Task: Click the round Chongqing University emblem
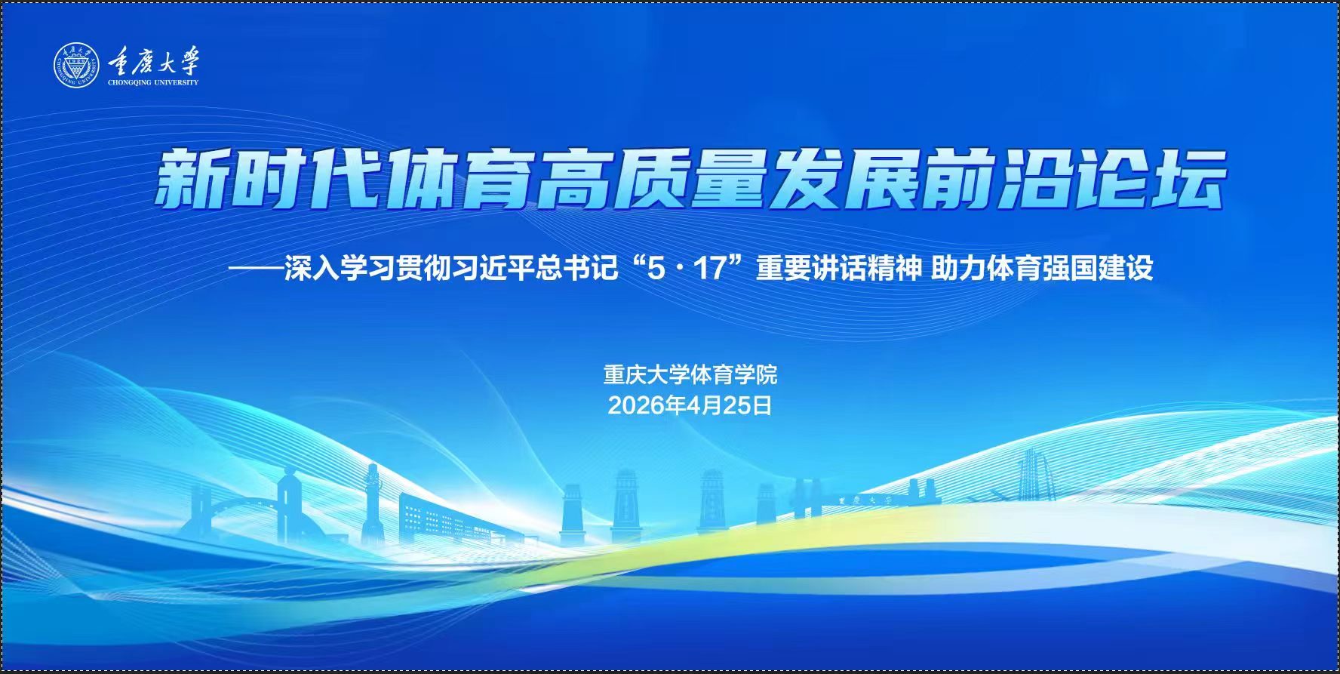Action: coord(76,65)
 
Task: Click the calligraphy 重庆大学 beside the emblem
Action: coord(153,60)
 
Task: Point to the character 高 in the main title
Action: coord(573,180)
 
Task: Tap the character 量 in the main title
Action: coord(725,180)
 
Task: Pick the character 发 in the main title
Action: coord(802,180)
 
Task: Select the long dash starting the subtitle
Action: coord(257,269)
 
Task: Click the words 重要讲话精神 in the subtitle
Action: coord(839,269)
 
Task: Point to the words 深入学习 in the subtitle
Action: coord(340,269)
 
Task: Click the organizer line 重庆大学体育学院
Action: coord(690,374)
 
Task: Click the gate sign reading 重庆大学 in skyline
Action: coord(865,500)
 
